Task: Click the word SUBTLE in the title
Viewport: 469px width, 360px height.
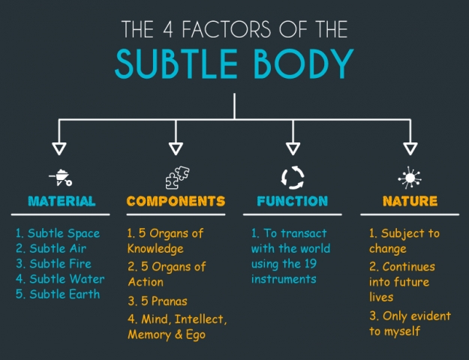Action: point(176,64)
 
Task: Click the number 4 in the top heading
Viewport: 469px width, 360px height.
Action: point(168,29)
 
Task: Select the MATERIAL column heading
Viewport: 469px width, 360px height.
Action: point(62,201)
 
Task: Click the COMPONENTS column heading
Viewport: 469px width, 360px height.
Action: point(176,201)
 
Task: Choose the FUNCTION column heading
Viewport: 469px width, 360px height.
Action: point(293,201)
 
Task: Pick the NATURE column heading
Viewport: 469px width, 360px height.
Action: point(410,201)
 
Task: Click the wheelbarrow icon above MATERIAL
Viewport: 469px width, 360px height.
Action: point(61,178)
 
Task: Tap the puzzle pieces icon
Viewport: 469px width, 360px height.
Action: point(177,178)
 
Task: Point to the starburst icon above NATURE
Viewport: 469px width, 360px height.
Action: point(410,178)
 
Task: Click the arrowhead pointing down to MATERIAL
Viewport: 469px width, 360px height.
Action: point(59,148)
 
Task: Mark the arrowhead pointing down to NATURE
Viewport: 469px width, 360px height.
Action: point(410,148)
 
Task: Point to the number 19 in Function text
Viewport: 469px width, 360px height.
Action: point(311,264)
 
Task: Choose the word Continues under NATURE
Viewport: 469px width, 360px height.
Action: point(408,267)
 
